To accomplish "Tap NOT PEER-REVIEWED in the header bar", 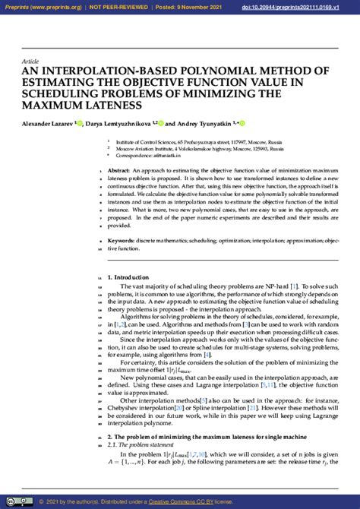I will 115,6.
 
